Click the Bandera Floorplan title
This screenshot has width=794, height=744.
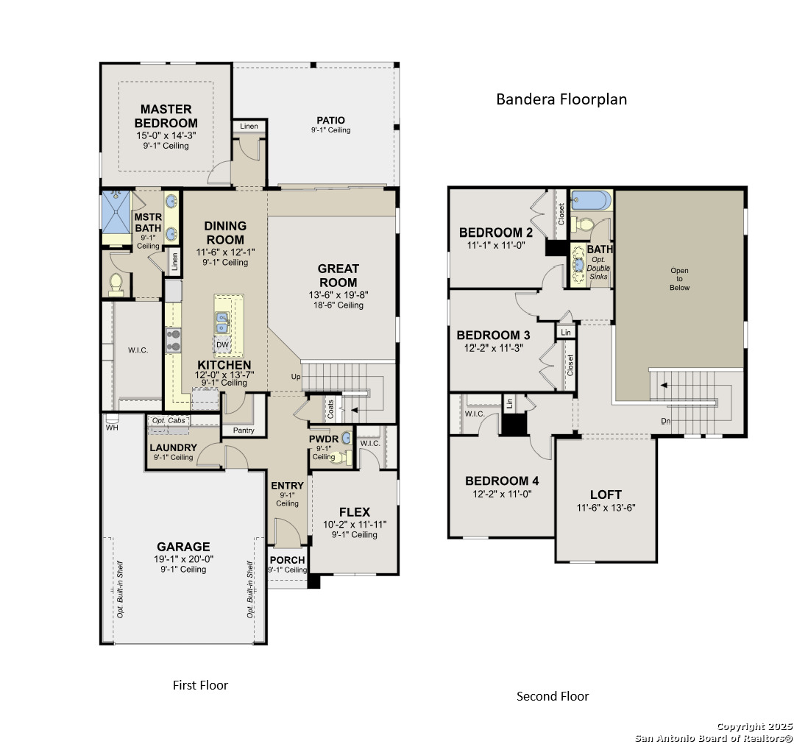point(561,99)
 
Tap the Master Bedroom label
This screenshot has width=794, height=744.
point(166,116)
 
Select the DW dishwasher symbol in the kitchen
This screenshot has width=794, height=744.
point(223,344)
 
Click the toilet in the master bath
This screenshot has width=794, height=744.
point(116,284)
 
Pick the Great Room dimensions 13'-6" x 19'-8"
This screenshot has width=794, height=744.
point(338,295)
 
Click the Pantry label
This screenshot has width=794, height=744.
point(244,430)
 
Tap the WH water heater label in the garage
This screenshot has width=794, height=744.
point(112,428)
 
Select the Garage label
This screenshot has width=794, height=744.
point(183,547)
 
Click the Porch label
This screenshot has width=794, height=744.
point(287,559)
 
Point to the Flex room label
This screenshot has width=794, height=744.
point(355,512)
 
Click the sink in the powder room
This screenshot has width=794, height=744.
point(347,437)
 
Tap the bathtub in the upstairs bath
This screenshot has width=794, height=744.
point(591,201)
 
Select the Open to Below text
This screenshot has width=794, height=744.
point(679,279)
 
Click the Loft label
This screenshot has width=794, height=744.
point(606,495)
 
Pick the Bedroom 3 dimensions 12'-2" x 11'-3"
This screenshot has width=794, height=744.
point(493,348)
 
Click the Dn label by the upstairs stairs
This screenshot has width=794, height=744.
point(666,421)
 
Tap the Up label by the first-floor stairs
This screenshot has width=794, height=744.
point(296,376)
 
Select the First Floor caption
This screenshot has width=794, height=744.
point(201,685)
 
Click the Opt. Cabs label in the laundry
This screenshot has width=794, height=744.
point(169,420)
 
